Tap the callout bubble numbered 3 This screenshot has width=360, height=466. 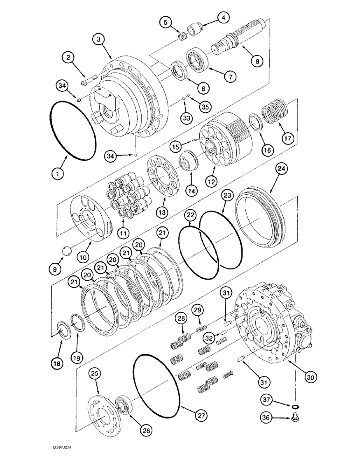coord(100,40)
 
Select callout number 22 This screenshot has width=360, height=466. coord(190,215)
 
